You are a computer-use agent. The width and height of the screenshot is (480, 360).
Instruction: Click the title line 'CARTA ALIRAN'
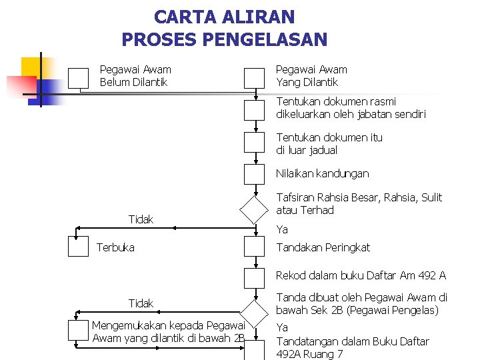(224, 17)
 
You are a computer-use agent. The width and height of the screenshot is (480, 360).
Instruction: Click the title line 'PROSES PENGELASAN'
(224, 39)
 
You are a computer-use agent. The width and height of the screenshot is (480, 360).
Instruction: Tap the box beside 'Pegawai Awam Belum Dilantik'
(78, 78)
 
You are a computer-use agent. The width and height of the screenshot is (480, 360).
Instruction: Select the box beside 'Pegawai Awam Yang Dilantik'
(254, 78)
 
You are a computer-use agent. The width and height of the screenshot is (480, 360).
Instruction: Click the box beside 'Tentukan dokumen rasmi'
(254, 109)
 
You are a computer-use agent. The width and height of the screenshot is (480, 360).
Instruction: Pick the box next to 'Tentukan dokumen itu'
(254, 142)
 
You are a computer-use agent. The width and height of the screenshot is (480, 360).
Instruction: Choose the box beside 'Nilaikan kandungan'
(254, 174)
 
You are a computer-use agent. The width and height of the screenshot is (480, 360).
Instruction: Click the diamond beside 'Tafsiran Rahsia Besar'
(254, 209)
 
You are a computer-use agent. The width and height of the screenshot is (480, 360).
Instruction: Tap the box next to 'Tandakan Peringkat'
(254, 247)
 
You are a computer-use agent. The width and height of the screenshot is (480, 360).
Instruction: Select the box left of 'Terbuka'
(79, 247)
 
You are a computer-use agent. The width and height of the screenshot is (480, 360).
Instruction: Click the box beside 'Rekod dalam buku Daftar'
(254, 277)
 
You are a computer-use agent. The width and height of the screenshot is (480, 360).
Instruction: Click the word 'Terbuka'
(115, 247)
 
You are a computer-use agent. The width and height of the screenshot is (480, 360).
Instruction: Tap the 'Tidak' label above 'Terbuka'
(141, 219)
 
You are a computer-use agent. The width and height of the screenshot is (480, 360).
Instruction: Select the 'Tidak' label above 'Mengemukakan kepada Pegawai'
(141, 303)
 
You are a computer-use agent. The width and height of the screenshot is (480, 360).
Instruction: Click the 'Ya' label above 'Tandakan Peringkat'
(282, 229)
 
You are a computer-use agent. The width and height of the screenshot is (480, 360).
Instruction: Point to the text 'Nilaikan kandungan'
(322, 173)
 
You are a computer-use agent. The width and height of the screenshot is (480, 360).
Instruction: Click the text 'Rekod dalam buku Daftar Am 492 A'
(361, 275)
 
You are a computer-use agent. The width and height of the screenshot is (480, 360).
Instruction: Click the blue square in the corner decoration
(51, 89)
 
